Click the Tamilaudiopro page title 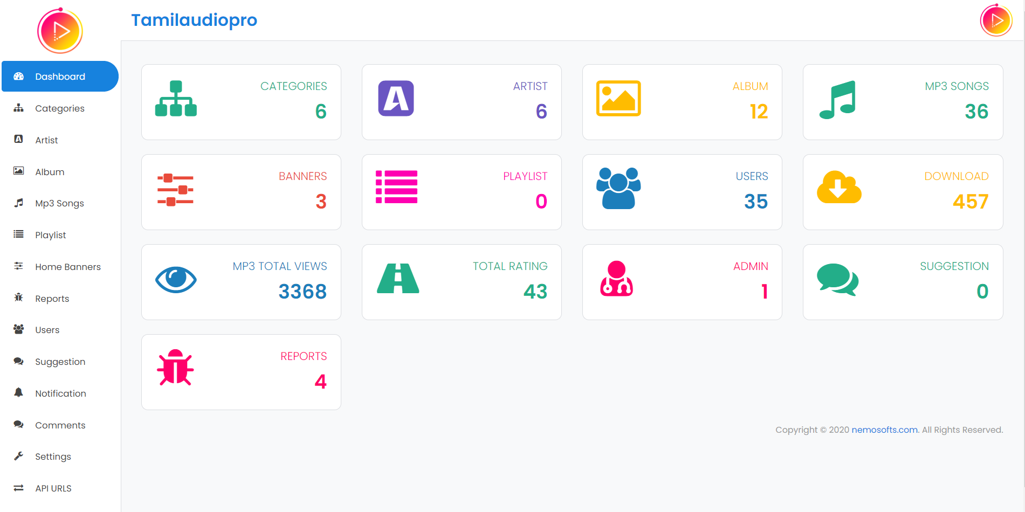[194, 20]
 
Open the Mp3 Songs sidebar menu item [59, 203]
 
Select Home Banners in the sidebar [68, 267]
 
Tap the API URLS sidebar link [53, 488]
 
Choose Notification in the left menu [60, 393]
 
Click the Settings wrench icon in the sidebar [19, 456]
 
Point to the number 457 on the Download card [971, 202]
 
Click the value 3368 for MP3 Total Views [302, 292]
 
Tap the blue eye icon [176, 280]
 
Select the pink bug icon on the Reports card [175, 368]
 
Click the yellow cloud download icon [839, 187]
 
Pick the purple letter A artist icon [396, 99]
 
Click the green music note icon [837, 100]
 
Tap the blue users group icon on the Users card [618, 188]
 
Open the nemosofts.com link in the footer [884, 430]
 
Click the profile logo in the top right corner [996, 20]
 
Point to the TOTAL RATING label [510, 266]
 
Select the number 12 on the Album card [759, 112]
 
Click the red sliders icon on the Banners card [175, 190]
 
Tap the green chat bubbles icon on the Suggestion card [837, 280]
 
